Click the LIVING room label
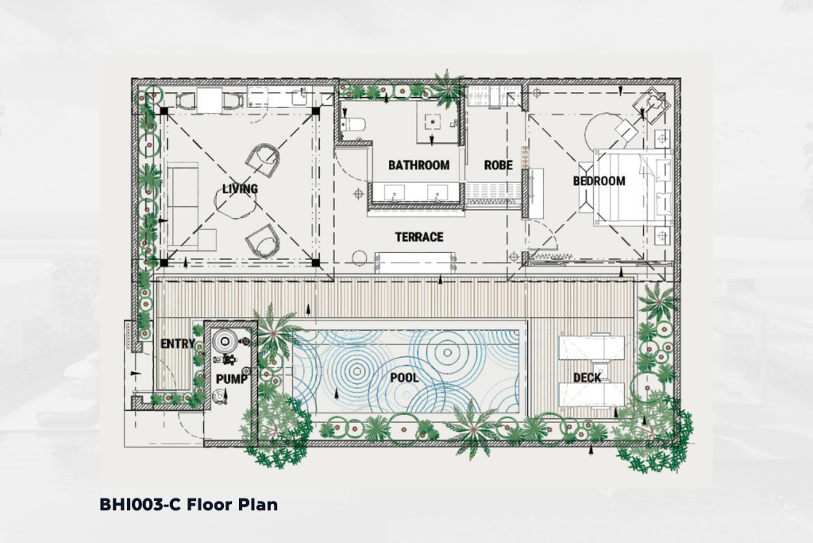[x=240, y=189]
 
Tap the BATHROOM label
[x=419, y=165]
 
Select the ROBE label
[x=499, y=165]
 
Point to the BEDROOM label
[x=599, y=180]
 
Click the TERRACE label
[x=419, y=237]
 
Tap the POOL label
[x=404, y=378]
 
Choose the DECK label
[x=587, y=378]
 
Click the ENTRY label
[x=178, y=343]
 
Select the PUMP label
[x=231, y=379]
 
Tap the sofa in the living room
[x=183, y=206]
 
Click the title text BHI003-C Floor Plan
[x=188, y=505]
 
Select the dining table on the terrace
[x=415, y=262]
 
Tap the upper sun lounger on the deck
[x=591, y=347]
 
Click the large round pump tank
[x=225, y=341]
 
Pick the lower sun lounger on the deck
[x=591, y=395]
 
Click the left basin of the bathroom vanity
[x=395, y=192]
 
